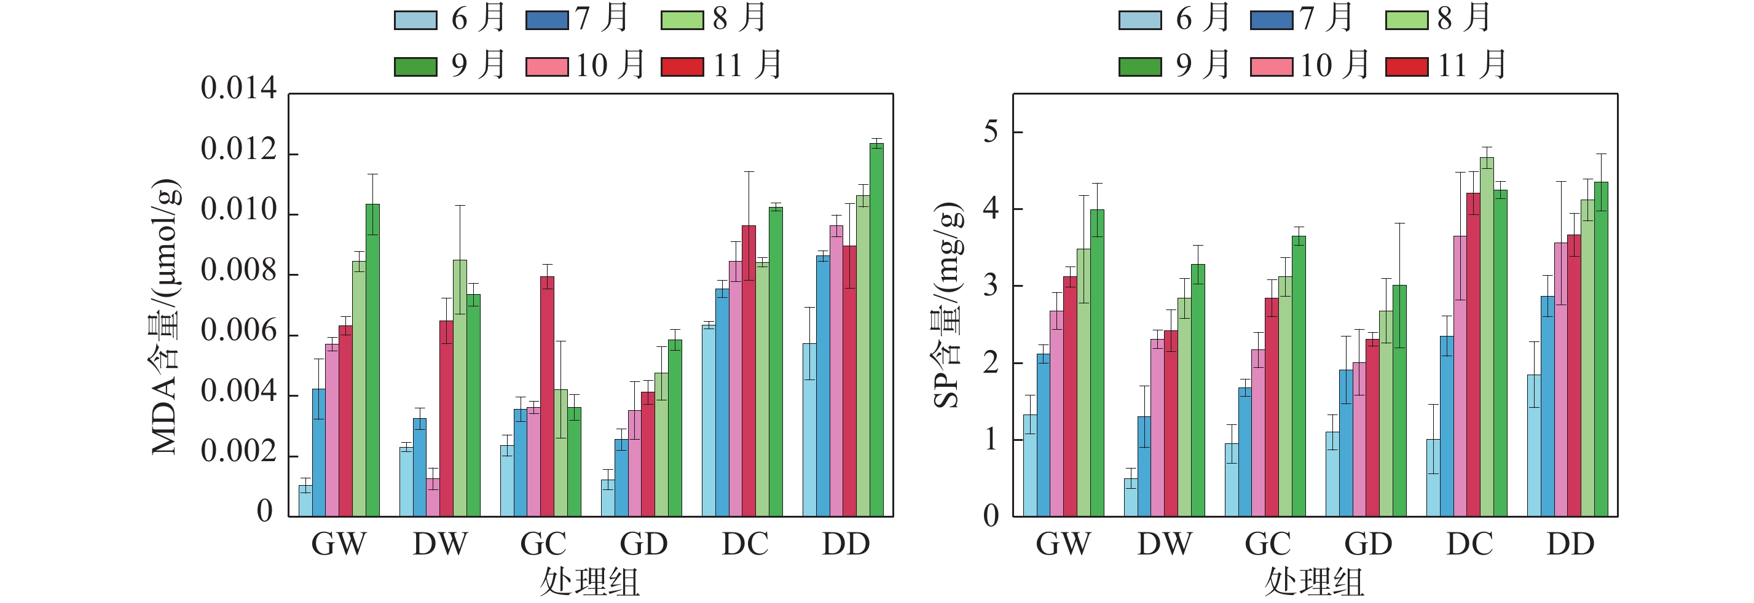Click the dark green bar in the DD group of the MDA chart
(x=876, y=330)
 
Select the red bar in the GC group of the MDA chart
(x=547, y=396)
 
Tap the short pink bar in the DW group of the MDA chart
(x=433, y=497)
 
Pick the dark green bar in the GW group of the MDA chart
(x=372, y=360)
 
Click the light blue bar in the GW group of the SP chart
(x=1030, y=465)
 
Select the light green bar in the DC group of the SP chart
(x=1487, y=337)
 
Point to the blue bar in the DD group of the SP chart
(x=1548, y=407)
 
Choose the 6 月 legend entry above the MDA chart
(x=450, y=18)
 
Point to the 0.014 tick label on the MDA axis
(x=238, y=88)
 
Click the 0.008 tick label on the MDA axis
(x=238, y=270)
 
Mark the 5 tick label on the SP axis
(x=991, y=131)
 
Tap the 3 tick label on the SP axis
(x=991, y=285)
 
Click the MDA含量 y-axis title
(x=165, y=316)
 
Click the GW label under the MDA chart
(x=339, y=544)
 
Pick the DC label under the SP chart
(x=1469, y=544)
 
